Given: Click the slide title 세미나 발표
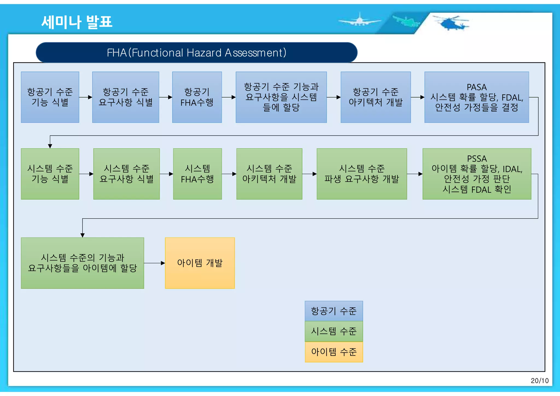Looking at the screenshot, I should pyautogui.click(x=77, y=22).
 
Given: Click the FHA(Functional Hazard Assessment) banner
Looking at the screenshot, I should pyautogui.click(x=196, y=52).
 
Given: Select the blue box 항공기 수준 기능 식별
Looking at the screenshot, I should pyautogui.click(x=50, y=97).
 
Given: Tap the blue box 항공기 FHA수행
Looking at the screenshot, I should pyautogui.click(x=197, y=97).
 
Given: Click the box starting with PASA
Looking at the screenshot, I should pyautogui.click(x=476, y=97).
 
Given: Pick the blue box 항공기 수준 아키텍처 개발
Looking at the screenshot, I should pyautogui.click(x=375, y=97).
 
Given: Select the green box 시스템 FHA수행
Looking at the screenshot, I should pyautogui.click(x=197, y=174).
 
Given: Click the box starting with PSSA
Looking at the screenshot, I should pyautogui.click(x=477, y=174).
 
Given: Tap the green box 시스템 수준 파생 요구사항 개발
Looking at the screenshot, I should pyautogui.click(x=361, y=174).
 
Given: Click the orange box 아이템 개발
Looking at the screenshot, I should pyautogui.click(x=200, y=263).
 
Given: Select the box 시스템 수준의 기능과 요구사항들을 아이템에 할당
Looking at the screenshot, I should pyautogui.click(x=82, y=263).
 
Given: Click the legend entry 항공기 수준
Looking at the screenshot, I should pyautogui.click(x=334, y=311).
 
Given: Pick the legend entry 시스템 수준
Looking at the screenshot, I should pyautogui.click(x=334, y=331).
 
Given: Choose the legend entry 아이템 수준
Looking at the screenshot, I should pyautogui.click(x=334, y=352).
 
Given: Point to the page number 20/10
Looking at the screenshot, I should pyautogui.click(x=539, y=381).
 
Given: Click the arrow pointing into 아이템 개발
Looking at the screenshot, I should pyautogui.click(x=155, y=263).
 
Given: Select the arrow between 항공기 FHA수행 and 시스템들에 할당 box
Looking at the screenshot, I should pyautogui.click(x=229, y=97).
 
